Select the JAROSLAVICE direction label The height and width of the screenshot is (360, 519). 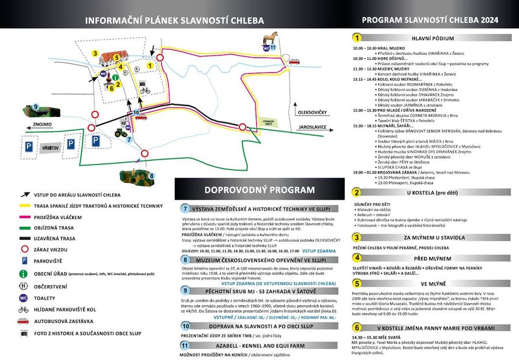click(x=312, y=126)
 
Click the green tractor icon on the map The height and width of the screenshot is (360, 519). click(x=122, y=132)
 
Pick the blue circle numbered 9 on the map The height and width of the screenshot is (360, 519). click(x=36, y=107)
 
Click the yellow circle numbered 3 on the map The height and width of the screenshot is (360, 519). click(x=95, y=53)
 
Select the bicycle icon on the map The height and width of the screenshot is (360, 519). click(x=145, y=91)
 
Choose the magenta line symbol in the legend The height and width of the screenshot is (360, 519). click(x=24, y=217)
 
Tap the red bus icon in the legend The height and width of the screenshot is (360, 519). click(x=24, y=321)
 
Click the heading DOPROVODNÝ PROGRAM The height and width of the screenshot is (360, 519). click(x=259, y=190)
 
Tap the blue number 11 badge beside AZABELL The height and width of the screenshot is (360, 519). click(x=185, y=346)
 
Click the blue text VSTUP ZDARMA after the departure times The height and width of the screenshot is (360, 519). click(x=318, y=251)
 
